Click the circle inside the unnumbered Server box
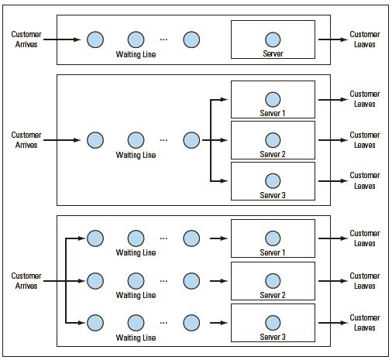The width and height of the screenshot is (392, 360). click(x=273, y=39)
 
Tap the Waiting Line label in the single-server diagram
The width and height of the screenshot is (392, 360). click(x=136, y=54)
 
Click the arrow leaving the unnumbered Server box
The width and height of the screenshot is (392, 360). click(x=333, y=39)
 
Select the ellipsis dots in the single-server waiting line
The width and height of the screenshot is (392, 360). click(x=163, y=39)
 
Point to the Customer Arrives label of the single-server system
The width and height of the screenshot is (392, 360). click(x=26, y=39)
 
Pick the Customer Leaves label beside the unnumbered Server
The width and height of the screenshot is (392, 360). click(x=365, y=39)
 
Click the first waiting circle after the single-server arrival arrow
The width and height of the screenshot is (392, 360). click(x=95, y=39)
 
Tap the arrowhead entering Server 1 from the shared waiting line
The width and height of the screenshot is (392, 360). click(x=224, y=99)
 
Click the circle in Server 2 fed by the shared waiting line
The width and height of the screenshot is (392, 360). click(x=273, y=140)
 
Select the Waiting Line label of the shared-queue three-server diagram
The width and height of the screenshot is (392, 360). click(x=136, y=155)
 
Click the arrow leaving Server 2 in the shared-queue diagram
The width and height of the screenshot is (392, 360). click(x=333, y=140)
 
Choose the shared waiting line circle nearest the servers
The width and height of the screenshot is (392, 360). click(x=191, y=140)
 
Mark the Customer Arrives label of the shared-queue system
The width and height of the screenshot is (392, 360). click(x=26, y=140)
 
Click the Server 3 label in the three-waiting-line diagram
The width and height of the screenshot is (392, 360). click(x=273, y=337)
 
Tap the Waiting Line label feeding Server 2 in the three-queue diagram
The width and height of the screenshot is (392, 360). click(x=136, y=295)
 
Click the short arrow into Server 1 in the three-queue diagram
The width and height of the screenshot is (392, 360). click(x=218, y=238)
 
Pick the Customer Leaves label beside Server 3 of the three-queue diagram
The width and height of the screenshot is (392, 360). click(x=365, y=323)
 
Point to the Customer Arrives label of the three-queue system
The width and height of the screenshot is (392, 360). click(x=26, y=281)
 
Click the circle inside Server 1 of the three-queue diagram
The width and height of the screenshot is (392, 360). click(x=273, y=238)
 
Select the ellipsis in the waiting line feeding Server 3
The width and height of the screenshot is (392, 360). click(x=163, y=323)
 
